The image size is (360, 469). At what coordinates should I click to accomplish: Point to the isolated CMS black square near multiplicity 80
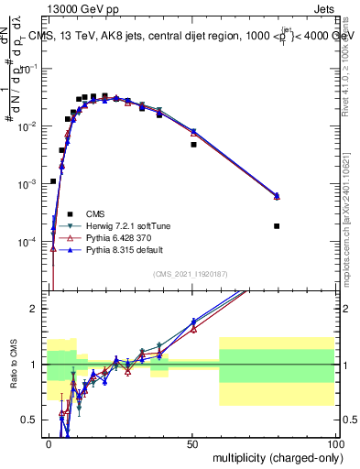pos(277,226)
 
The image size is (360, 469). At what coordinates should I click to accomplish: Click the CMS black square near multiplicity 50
pos(193,145)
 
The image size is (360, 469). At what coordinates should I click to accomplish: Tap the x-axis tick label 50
pos(192,443)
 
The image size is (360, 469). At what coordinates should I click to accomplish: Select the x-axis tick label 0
pos(49,443)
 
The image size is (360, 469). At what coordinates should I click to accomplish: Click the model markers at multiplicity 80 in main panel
pos(277,196)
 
